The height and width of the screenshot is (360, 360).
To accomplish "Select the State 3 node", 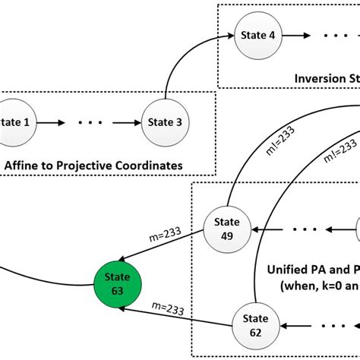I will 165,121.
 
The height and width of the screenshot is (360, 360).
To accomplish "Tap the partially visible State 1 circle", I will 11,121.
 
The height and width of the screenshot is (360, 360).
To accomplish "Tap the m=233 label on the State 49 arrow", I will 167,235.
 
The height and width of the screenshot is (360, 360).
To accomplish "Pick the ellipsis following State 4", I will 335,36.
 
